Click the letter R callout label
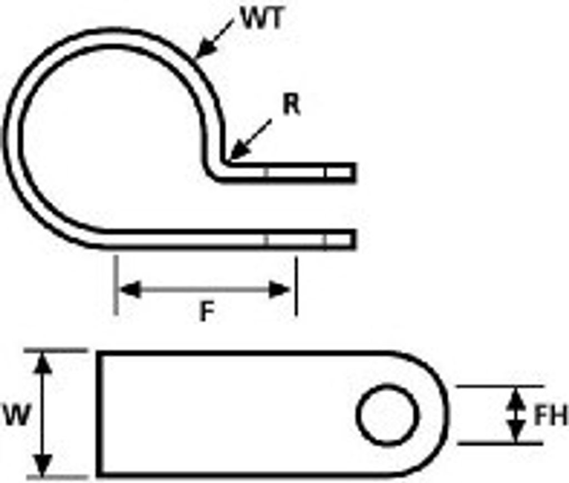(x=292, y=105)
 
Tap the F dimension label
(x=207, y=311)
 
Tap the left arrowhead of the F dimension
(x=129, y=290)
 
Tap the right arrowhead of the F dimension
(x=279, y=290)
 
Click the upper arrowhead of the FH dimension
(x=516, y=398)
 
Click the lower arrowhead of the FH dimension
(x=516, y=431)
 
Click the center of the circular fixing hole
(x=388, y=415)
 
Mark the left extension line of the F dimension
(x=116, y=285)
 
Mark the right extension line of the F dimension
(x=296, y=287)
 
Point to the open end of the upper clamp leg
(x=354, y=172)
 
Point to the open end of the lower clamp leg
(x=354, y=239)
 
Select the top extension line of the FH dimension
(x=501, y=386)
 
